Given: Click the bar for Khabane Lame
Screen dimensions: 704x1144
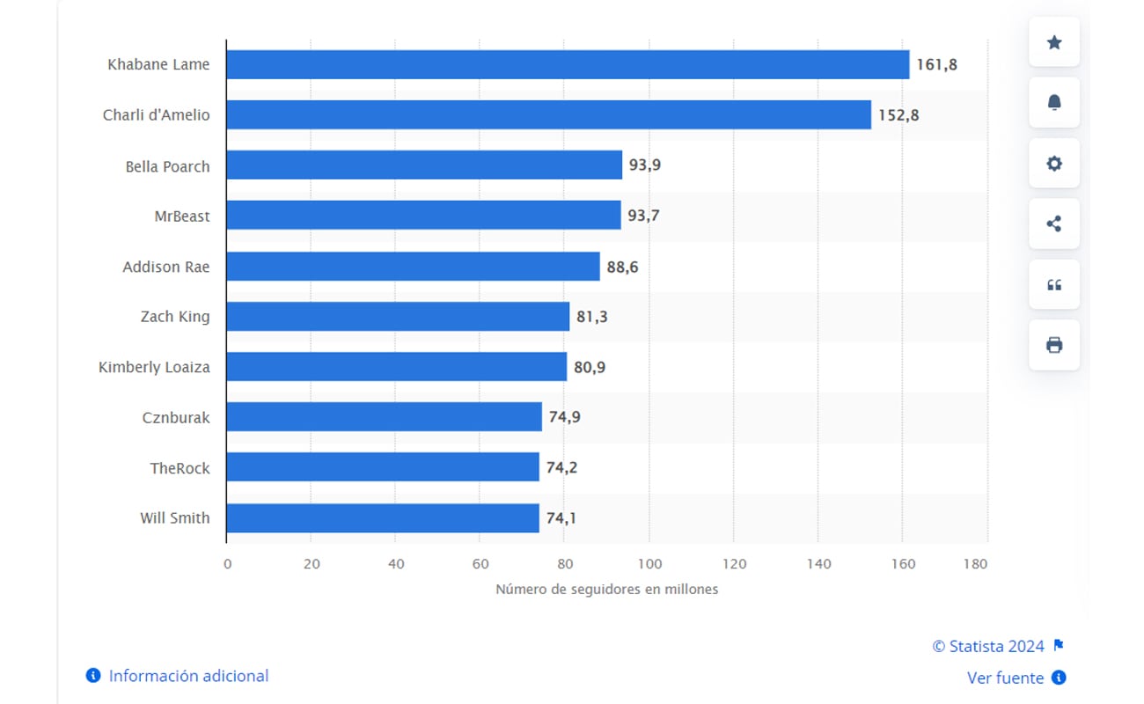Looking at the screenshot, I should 568,64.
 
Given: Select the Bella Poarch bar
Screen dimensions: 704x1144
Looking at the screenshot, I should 424,165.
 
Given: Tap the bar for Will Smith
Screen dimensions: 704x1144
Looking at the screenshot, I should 383,518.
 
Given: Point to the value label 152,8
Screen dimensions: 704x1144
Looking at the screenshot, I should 898,114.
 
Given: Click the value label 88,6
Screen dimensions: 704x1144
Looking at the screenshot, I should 622,267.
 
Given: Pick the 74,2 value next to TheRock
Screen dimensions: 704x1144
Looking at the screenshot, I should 561,468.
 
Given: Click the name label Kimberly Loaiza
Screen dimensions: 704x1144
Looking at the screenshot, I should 154,367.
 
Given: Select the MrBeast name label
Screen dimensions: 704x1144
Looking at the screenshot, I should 182,216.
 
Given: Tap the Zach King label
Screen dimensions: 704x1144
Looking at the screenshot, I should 175,317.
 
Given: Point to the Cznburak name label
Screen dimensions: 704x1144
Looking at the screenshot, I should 176,418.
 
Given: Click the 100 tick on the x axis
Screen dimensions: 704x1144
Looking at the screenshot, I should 649,564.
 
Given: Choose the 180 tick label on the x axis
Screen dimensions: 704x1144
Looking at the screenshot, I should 975,564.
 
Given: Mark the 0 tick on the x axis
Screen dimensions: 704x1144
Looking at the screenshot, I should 227,564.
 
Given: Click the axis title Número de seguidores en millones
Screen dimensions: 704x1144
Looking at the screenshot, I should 606,590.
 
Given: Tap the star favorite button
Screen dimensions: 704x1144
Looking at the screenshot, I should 1053,42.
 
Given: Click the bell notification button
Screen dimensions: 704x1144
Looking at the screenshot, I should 1053,103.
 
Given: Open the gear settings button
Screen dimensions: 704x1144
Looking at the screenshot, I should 1053,164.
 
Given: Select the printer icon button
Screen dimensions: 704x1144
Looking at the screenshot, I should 1053,345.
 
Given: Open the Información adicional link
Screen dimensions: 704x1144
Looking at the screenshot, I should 188,676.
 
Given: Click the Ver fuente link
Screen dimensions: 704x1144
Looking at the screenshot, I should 1006,678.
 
